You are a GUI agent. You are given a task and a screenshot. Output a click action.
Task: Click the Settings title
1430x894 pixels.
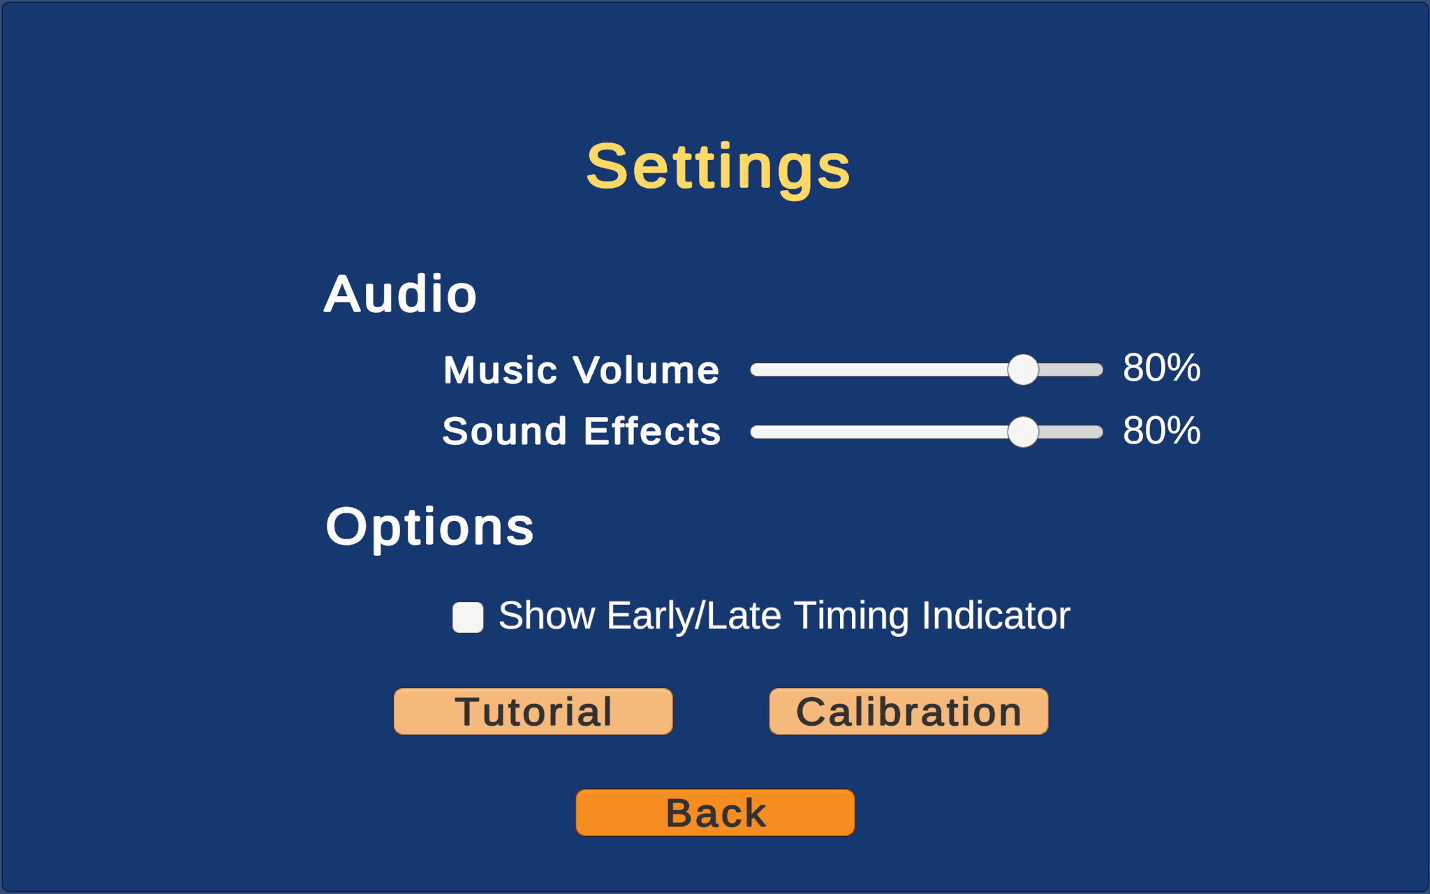(718, 168)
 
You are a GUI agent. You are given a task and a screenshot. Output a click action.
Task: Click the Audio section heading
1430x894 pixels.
(400, 294)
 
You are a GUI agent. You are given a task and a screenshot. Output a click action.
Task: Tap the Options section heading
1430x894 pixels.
(429, 527)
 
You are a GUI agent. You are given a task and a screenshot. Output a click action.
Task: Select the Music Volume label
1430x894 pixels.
(581, 369)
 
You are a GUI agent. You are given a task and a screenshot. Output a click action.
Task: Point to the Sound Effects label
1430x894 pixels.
(582, 431)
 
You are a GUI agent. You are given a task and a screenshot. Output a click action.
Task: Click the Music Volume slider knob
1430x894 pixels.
(1023, 369)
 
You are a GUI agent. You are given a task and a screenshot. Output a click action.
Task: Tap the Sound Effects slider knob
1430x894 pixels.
(1023, 432)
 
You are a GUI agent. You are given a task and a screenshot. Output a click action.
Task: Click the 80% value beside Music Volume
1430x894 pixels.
(1162, 367)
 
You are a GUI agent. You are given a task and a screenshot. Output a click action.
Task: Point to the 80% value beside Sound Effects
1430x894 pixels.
(1162, 430)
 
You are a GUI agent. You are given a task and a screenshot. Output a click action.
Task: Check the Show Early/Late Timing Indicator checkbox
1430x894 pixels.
(468, 617)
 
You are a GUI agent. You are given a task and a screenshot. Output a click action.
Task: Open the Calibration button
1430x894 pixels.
(908, 712)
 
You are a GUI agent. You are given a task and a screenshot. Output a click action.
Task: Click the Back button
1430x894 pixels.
(715, 813)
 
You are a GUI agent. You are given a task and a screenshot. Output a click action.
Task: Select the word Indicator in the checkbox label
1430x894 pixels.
(996, 615)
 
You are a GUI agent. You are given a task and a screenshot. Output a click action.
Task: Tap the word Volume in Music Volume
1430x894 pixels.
(646, 369)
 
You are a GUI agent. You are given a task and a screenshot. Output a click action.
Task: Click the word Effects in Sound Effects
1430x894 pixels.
(652, 431)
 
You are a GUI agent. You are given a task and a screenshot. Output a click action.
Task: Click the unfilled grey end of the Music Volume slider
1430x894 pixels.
(1071, 369)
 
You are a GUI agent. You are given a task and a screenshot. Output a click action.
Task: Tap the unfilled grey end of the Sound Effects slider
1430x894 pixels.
(1071, 432)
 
